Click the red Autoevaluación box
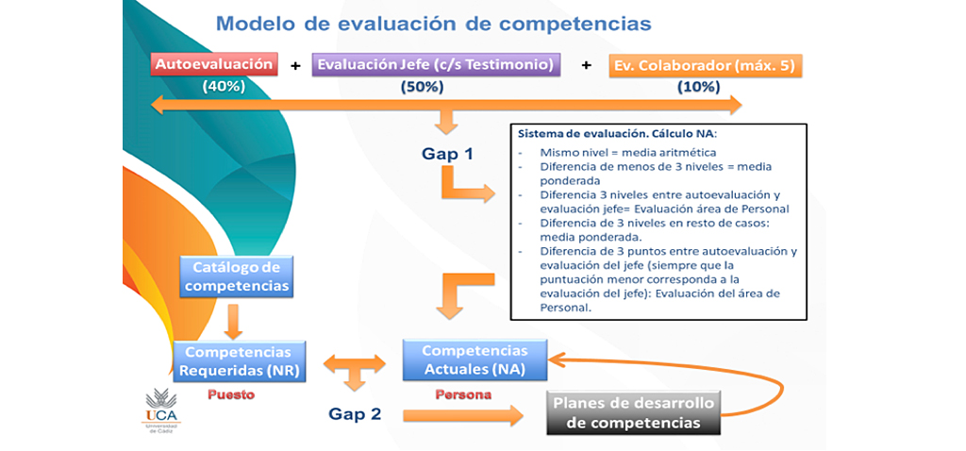[214, 65]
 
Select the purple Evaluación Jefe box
[436, 65]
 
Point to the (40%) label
[225, 87]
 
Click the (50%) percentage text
[422, 88]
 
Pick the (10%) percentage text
[698, 88]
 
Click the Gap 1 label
[448, 154]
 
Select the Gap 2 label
[355, 414]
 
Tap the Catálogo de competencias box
[237, 276]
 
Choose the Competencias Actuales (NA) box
[475, 359]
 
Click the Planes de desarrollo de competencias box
[633, 413]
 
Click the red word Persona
[464, 395]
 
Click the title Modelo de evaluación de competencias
[434, 24]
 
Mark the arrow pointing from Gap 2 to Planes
[463, 416]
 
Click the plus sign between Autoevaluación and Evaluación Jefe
[295, 65]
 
